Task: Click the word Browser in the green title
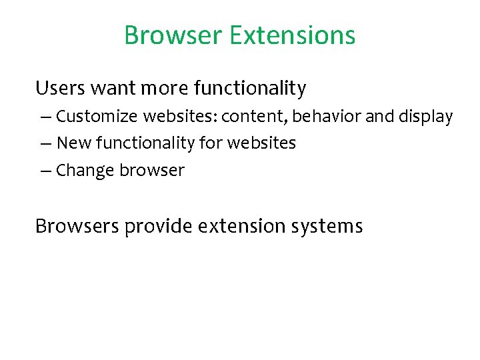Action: [173, 35]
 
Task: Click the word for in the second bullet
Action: [210, 143]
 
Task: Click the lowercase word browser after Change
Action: [152, 171]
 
